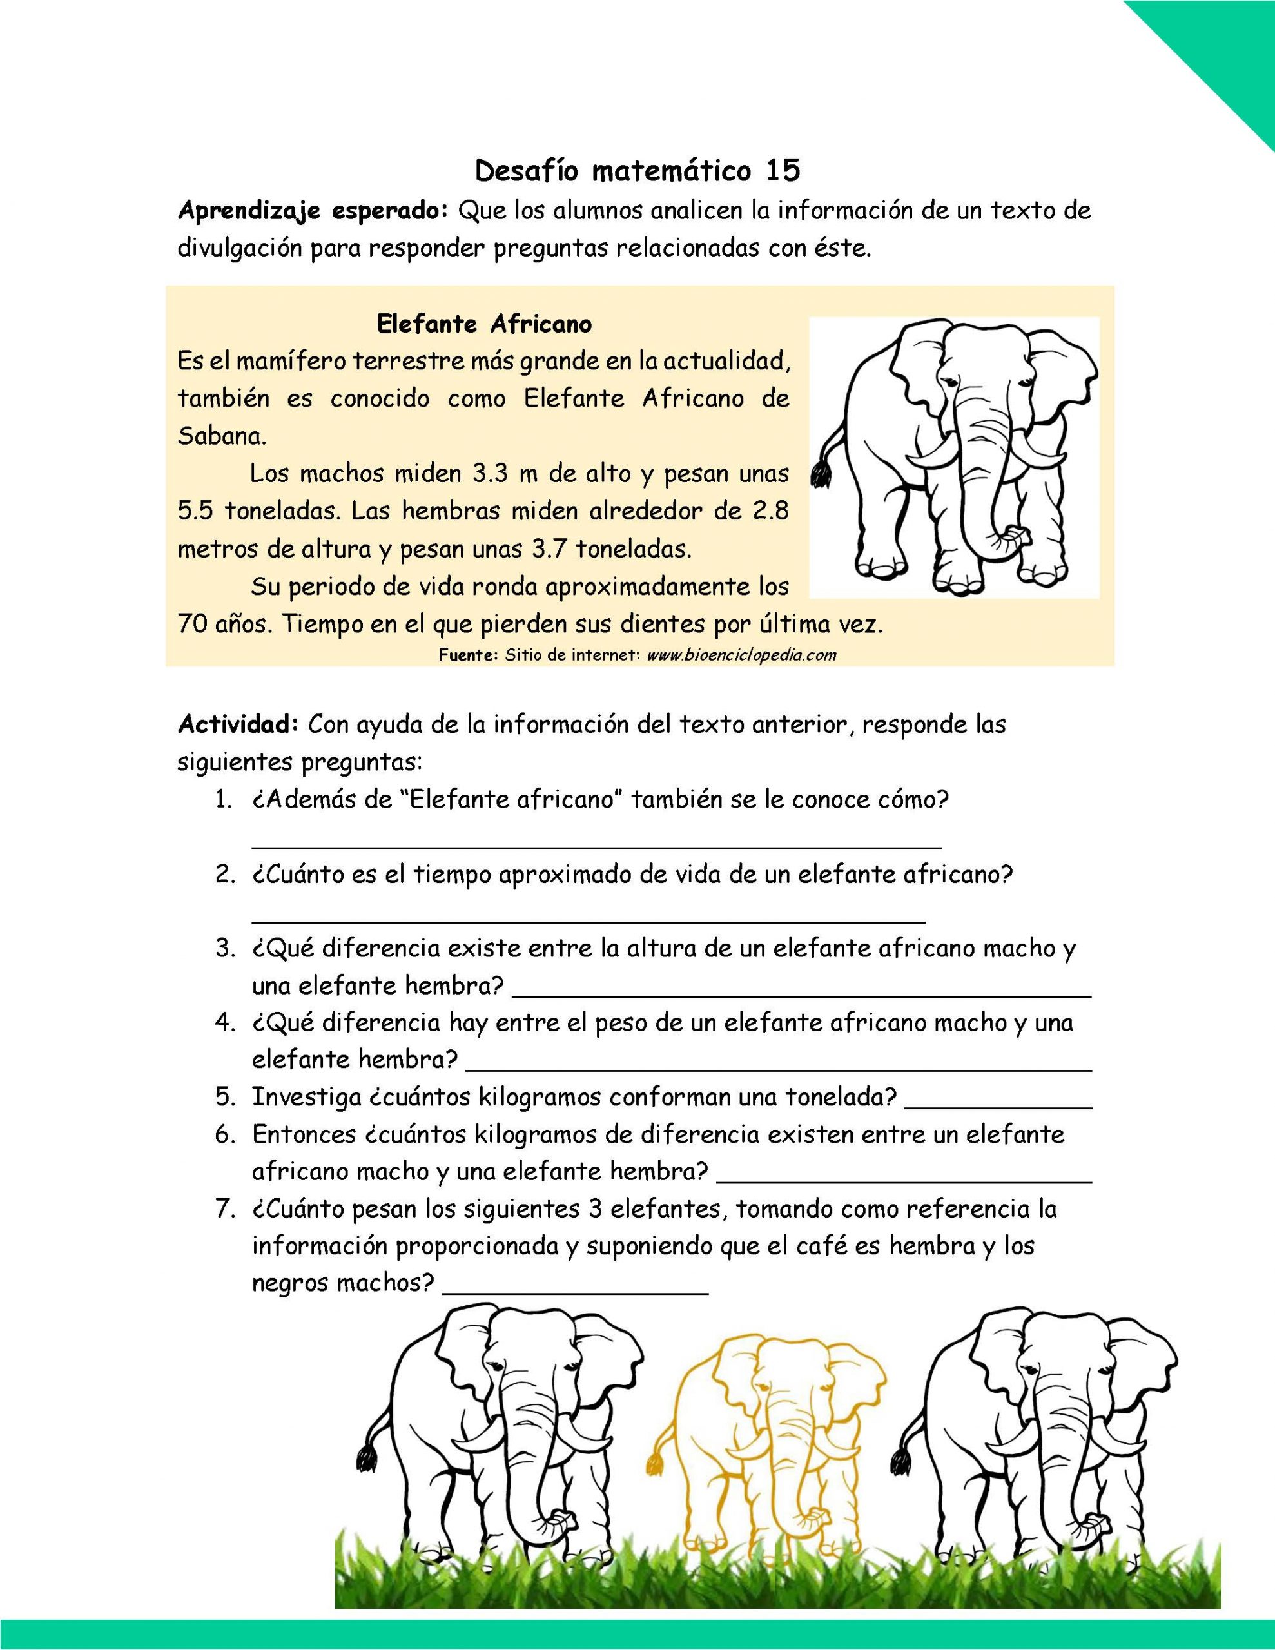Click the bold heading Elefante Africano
coord(483,324)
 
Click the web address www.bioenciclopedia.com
coord(741,654)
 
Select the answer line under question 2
coord(588,920)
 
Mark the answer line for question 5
coord(998,1107)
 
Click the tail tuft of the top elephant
coord(819,475)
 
